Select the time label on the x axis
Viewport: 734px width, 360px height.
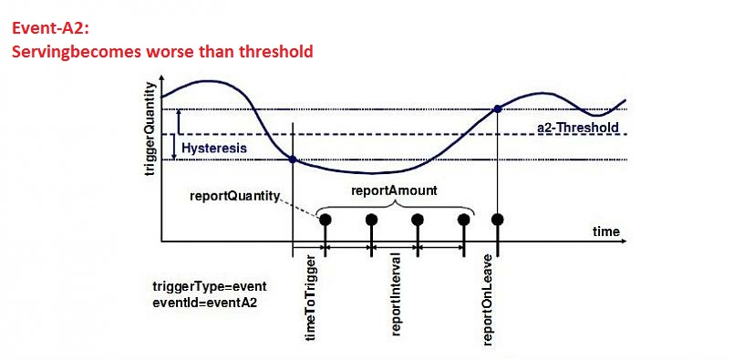606,231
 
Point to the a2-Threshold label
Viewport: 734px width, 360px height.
579,128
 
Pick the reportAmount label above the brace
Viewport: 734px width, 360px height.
393,192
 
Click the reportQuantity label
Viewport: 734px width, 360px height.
233,195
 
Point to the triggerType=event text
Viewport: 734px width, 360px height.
209,285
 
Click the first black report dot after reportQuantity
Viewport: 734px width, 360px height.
324,220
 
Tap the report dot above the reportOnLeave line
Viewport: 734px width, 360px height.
497,220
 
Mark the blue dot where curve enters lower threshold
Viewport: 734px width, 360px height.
293,159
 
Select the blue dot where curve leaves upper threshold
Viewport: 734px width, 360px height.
497,109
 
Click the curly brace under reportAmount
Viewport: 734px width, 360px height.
394,206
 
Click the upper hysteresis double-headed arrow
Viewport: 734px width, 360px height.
180,122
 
